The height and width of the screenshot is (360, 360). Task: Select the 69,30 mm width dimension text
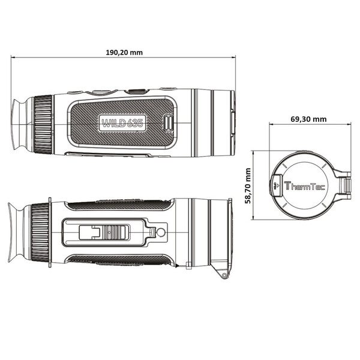308,119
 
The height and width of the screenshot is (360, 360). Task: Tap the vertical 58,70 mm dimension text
248,186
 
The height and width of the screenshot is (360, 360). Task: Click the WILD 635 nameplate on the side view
122,124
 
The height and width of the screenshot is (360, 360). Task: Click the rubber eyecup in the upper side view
21,125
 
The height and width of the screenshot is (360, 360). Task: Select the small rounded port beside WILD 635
169,123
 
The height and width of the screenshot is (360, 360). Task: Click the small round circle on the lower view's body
160,232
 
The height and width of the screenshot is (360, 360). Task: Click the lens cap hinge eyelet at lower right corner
224,275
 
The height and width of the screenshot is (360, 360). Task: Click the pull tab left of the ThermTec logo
277,185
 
